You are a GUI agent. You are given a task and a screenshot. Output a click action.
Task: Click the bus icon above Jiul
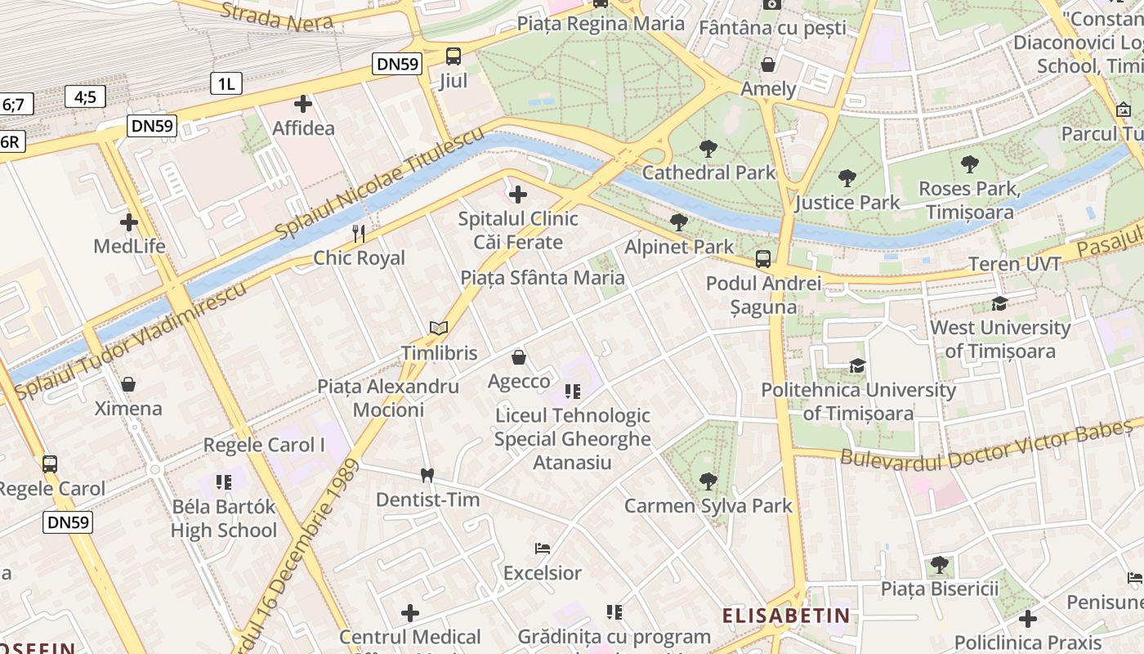[453, 56]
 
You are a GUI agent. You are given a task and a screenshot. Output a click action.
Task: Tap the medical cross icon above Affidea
[303, 104]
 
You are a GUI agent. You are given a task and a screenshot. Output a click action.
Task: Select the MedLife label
[129, 246]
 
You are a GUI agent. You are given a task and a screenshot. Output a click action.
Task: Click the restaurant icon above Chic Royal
[359, 234]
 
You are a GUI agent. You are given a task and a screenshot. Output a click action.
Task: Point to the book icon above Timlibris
[439, 329]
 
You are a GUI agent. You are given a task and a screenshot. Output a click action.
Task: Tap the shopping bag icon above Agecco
[518, 357]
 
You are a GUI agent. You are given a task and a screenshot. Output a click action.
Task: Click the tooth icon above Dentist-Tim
[426, 475]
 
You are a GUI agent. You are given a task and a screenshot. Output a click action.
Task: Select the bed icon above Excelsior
[542, 549]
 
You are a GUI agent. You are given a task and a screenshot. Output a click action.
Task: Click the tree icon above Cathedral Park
[708, 149]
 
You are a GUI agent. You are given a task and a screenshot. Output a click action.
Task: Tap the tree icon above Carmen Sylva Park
[708, 482]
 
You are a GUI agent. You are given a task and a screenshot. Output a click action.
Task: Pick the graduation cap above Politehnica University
[857, 365]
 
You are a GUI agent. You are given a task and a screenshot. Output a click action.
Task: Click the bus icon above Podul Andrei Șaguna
[762, 259]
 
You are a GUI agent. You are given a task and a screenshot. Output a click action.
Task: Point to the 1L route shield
[226, 83]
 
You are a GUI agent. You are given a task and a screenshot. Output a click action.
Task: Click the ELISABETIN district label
[786, 615]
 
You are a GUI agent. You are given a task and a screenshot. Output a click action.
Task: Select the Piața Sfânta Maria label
[543, 277]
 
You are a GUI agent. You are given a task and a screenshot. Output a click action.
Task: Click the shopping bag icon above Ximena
[128, 384]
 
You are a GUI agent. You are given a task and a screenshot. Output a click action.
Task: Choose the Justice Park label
[847, 202]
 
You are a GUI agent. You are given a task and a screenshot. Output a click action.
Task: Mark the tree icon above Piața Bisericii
[940, 564]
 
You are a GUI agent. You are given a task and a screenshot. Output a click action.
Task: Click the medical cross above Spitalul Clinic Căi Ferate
[517, 195]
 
